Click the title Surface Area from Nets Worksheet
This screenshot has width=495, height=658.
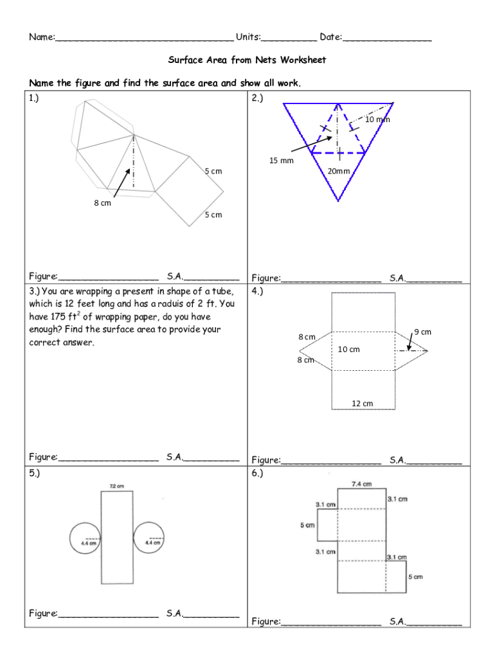[x=247, y=60]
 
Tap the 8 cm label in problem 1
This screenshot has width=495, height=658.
[x=102, y=203]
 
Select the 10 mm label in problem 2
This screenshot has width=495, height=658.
[x=377, y=120]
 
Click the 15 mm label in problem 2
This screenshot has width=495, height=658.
[x=281, y=160]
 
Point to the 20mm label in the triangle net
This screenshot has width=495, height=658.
[x=338, y=171]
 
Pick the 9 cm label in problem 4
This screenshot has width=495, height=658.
[x=422, y=332]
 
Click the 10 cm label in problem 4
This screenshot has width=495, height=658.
[x=348, y=350]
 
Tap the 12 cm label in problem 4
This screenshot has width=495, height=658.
[x=362, y=404]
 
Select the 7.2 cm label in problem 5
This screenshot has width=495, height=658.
[x=116, y=486]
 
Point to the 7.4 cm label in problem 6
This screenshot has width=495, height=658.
[x=361, y=484]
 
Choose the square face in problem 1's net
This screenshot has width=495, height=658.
[x=190, y=191]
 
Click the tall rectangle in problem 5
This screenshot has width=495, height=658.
[x=117, y=537]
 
